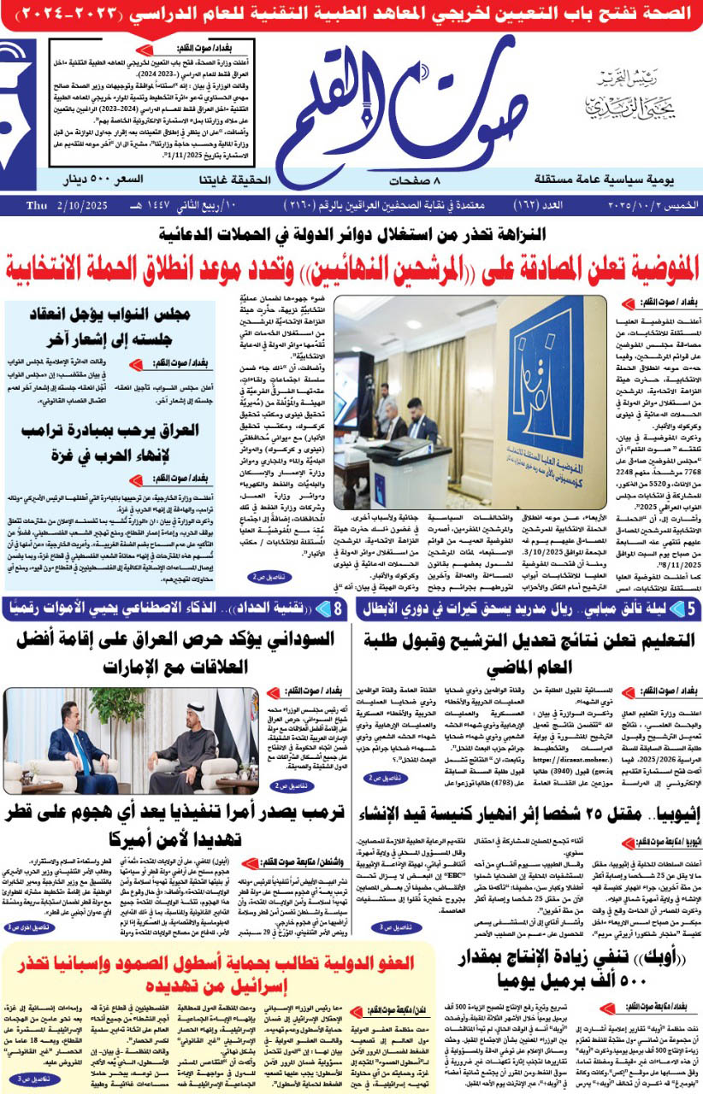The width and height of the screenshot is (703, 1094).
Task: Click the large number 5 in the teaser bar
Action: pyautogui.click(x=690, y=610)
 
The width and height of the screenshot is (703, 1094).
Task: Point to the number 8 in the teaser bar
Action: pyautogui.click(x=339, y=610)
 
